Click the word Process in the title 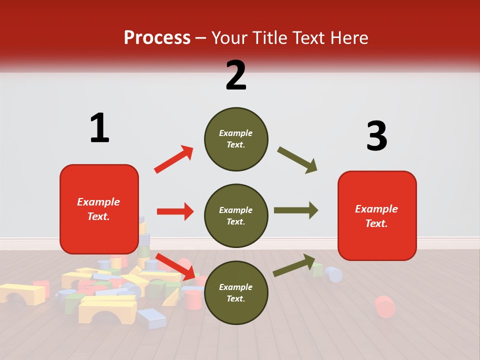point(157,38)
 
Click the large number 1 point(99,128)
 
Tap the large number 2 point(236,75)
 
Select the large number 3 point(376,136)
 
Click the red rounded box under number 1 point(99,209)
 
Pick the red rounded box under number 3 point(377,215)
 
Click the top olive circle point(236,139)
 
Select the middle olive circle point(236,215)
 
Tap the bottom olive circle point(236,292)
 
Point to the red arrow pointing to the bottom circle point(175,265)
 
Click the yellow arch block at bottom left point(107,309)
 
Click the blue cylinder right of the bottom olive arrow point(333,274)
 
